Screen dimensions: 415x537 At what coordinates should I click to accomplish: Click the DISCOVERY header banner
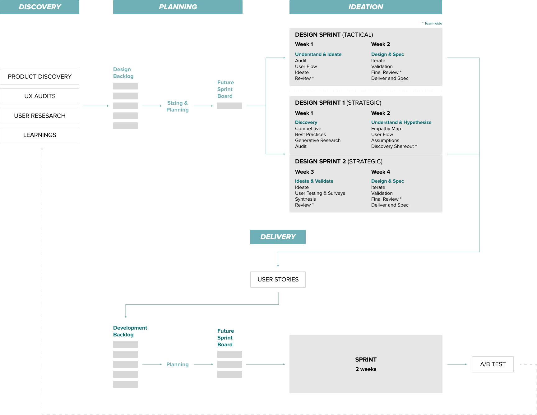[x=39, y=7]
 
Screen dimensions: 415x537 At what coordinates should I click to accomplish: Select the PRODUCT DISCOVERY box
[x=39, y=77]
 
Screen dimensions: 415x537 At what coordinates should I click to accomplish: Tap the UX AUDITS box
[x=39, y=96]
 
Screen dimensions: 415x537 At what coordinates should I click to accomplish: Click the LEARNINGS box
[x=39, y=135]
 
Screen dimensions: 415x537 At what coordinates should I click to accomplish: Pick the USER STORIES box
[x=278, y=280]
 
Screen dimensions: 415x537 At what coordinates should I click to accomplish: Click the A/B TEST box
[x=493, y=364]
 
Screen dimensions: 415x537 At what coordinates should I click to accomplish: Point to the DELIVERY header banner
[x=278, y=237]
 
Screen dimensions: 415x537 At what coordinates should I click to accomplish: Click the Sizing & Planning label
[x=177, y=106]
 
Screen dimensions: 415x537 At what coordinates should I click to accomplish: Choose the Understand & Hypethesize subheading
[x=401, y=122]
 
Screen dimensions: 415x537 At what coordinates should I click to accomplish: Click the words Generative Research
[x=317, y=140]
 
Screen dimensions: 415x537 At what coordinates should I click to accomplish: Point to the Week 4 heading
[x=380, y=172]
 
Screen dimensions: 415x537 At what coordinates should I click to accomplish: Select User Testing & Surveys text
[x=320, y=193]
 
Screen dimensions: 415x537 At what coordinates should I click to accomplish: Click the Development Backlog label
[x=130, y=331]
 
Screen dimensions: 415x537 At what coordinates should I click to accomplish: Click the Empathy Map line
[x=386, y=129]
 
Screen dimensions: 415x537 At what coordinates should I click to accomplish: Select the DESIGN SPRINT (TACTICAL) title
[x=334, y=35]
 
